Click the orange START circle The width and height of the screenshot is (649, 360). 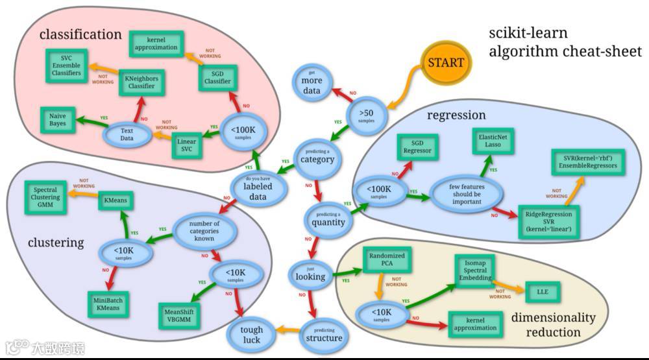[445, 63]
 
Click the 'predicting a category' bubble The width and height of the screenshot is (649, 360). [317, 156]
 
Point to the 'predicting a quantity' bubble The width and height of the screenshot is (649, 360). [328, 219]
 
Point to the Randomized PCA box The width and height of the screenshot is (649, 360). [387, 260]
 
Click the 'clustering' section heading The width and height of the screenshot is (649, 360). [56, 243]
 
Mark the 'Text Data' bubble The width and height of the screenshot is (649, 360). [127, 134]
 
